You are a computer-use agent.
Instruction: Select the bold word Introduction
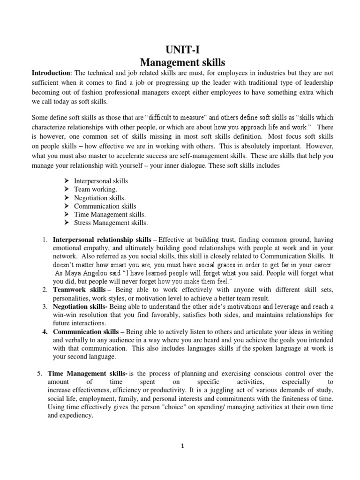coord(50,73)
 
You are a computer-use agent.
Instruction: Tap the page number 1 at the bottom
coord(183,446)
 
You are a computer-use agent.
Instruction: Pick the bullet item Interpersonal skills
coord(101,180)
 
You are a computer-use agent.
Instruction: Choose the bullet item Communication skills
coord(105,206)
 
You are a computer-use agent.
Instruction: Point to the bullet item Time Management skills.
coord(110,214)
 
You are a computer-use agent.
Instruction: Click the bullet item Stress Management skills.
coord(111,223)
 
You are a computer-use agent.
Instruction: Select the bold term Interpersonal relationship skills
coord(102,240)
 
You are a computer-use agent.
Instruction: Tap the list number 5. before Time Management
coord(39,374)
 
